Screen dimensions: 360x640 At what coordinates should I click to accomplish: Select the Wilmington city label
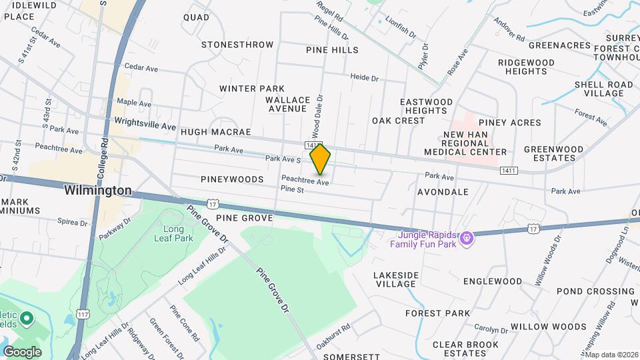coord(98,191)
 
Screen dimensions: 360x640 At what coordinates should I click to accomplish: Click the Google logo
coord(22,351)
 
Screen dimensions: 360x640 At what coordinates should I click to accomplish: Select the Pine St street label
coord(292,190)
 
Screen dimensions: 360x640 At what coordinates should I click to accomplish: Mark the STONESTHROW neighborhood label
coord(237,45)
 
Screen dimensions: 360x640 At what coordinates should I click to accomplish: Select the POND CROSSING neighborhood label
coord(586,291)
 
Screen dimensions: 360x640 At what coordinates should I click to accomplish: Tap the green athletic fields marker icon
coord(27,319)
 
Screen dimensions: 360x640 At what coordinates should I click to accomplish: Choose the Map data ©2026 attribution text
coord(611,355)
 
